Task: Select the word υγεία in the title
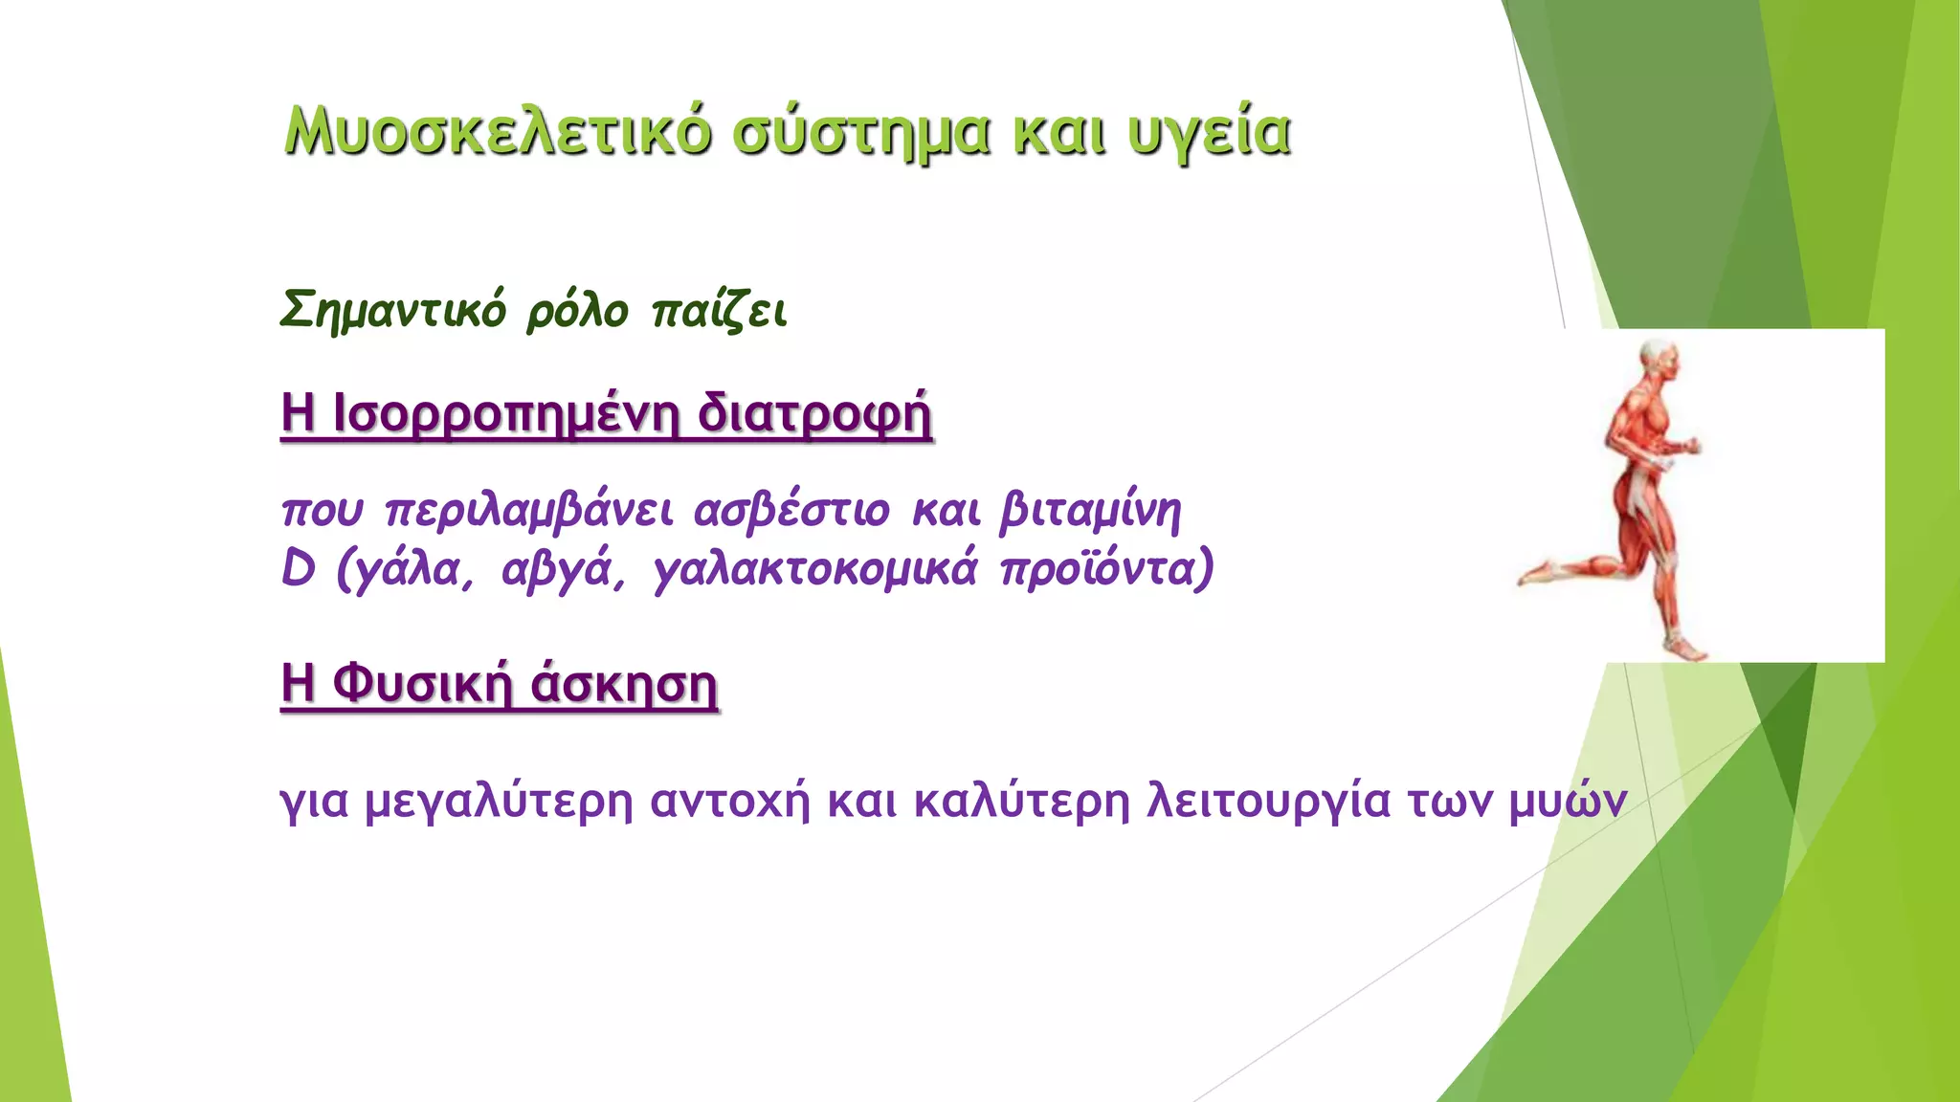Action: point(1209,133)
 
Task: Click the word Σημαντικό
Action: point(392,310)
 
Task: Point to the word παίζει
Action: point(719,311)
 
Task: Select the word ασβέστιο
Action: point(792,510)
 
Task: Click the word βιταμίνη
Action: point(1090,510)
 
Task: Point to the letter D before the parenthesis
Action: point(299,569)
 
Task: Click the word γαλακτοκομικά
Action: point(815,569)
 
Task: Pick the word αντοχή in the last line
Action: point(729,800)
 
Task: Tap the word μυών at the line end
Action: point(1567,800)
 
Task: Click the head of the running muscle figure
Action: point(1659,360)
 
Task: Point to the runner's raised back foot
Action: point(1537,573)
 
